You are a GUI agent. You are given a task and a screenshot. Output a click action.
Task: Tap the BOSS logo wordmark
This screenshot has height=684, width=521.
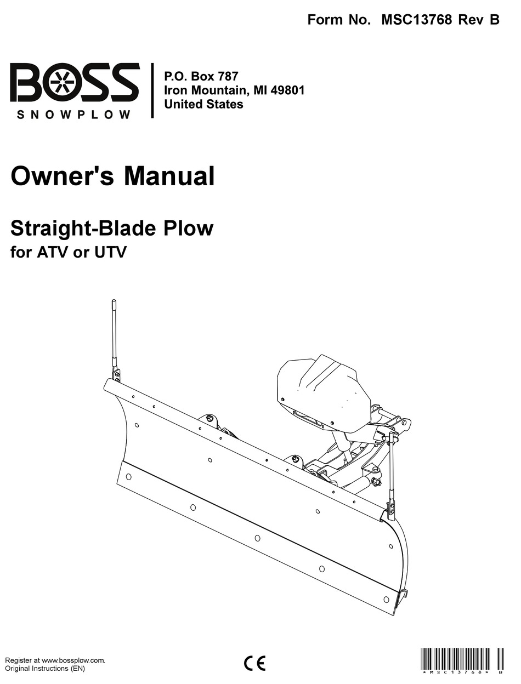pyautogui.click(x=75, y=83)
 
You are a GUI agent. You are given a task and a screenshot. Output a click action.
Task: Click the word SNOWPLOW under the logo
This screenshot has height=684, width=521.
pyautogui.click(x=74, y=115)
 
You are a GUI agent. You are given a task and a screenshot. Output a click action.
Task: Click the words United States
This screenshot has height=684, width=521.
pyautogui.click(x=204, y=104)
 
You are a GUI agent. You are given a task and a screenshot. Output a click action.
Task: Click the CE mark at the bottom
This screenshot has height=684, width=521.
pyautogui.click(x=254, y=663)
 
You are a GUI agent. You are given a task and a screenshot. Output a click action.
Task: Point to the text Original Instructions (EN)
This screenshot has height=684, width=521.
pyautogui.click(x=45, y=669)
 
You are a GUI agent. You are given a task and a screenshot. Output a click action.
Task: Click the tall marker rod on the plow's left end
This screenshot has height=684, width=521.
pyautogui.click(x=115, y=334)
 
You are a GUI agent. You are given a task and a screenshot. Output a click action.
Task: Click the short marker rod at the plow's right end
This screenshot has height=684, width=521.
pyautogui.click(x=392, y=471)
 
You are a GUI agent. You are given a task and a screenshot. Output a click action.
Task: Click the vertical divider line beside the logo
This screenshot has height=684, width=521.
pyautogui.click(x=152, y=90)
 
